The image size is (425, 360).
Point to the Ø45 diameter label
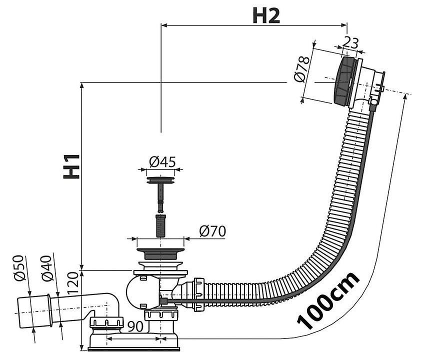161,161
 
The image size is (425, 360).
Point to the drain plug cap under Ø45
161,177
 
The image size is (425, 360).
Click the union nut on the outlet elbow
106,324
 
